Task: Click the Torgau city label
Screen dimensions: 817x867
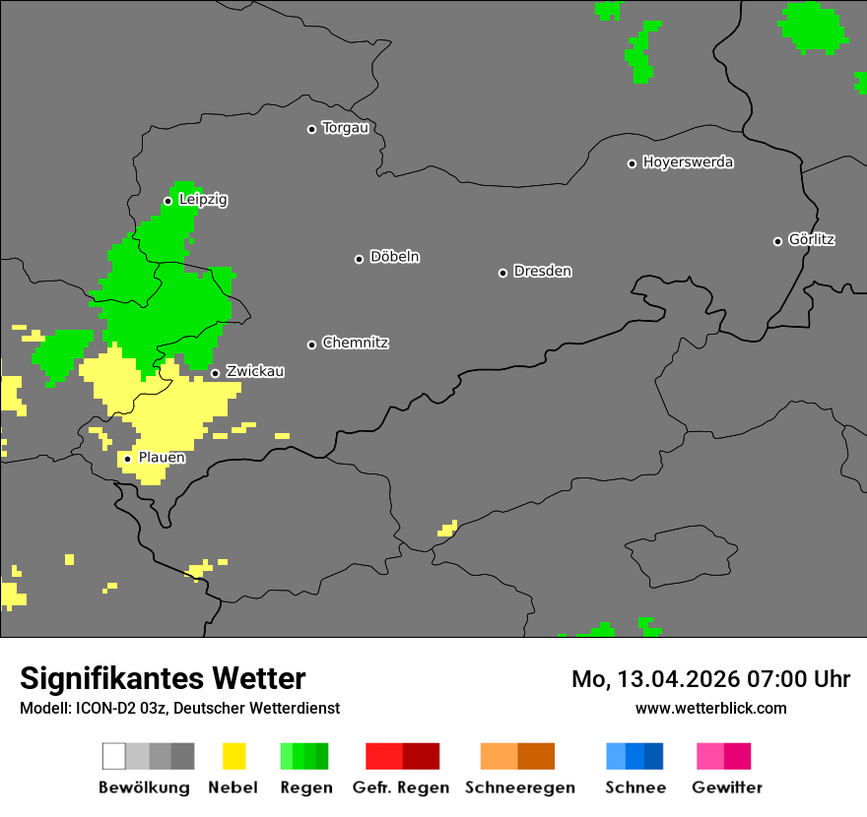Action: click(x=345, y=128)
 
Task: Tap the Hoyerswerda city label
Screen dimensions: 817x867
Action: click(x=688, y=162)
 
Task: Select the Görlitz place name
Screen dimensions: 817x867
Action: click(x=812, y=239)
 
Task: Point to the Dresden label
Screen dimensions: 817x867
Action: click(x=542, y=271)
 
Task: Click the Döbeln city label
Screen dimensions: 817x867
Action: click(x=394, y=257)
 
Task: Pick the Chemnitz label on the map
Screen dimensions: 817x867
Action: click(x=355, y=343)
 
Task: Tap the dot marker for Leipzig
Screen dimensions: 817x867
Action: click(x=167, y=201)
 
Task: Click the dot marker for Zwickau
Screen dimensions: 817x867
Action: click(x=215, y=373)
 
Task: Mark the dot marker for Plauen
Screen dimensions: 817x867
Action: click(x=127, y=459)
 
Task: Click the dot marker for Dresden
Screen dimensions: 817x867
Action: click(x=502, y=273)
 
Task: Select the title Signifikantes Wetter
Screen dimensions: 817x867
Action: click(x=163, y=679)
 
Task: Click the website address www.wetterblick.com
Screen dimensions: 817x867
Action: click(x=710, y=708)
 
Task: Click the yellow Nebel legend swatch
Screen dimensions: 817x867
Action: click(x=234, y=756)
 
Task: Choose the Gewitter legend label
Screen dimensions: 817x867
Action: click(x=726, y=787)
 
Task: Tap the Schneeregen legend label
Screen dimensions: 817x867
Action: click(x=519, y=787)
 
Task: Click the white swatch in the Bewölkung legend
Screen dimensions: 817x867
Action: click(x=113, y=756)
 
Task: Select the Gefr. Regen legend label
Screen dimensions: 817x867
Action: click(x=400, y=787)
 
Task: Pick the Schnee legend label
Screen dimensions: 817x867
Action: click(x=634, y=787)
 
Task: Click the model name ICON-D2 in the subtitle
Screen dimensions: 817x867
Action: click(x=101, y=709)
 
